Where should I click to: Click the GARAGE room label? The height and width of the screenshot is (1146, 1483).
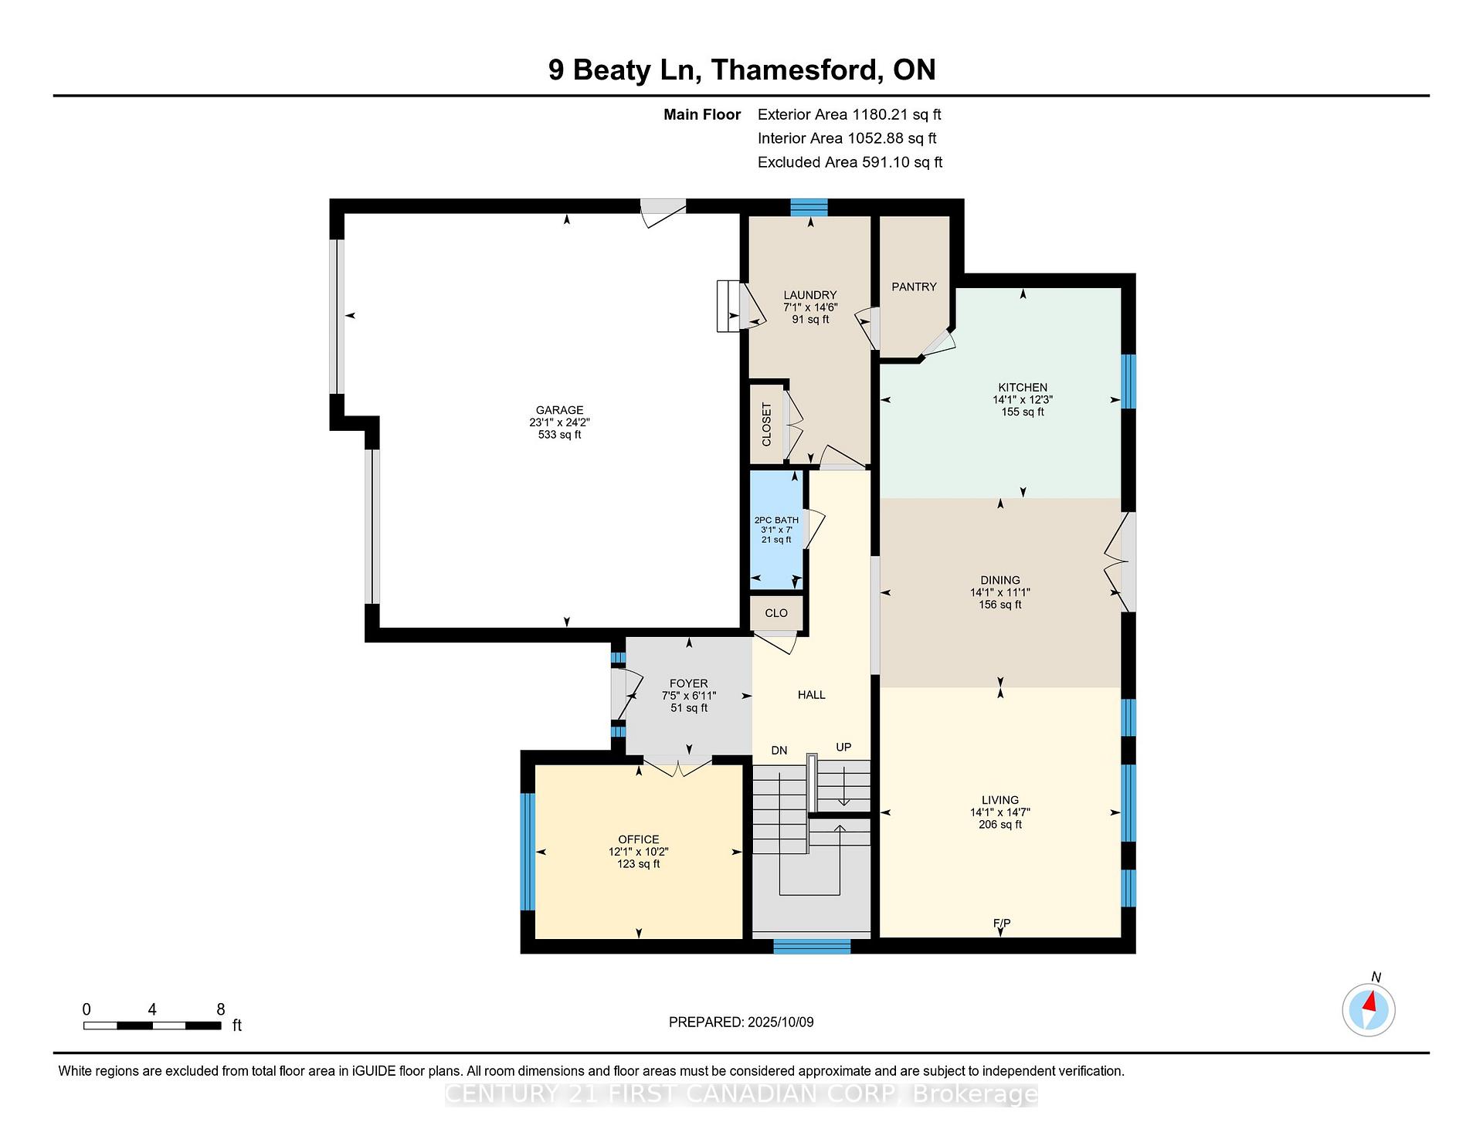(x=559, y=410)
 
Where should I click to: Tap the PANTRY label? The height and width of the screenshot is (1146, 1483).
(x=914, y=286)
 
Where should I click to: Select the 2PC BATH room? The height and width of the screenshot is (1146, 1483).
(x=776, y=530)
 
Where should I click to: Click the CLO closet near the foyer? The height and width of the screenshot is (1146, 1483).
(x=776, y=613)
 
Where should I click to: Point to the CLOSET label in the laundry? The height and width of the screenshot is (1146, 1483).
(x=766, y=425)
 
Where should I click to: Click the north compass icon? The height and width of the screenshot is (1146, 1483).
(x=1369, y=1009)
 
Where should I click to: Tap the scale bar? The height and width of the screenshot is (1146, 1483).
(x=152, y=1026)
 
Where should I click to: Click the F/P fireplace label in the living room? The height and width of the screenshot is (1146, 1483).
(x=1001, y=923)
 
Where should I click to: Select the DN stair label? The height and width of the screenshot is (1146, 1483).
(x=779, y=750)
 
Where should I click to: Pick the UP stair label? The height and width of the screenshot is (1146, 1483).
(x=843, y=747)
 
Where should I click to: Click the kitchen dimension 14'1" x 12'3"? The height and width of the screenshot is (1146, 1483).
(x=1023, y=400)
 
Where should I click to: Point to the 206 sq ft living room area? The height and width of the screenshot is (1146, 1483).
(x=1000, y=825)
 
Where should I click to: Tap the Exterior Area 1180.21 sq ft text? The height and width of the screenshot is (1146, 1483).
(x=850, y=115)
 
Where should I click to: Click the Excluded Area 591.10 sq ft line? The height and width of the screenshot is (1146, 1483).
(x=850, y=162)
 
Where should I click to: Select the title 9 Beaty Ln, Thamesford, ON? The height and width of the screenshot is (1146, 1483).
(x=741, y=70)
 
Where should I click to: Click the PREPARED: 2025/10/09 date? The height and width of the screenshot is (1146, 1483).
(x=741, y=1022)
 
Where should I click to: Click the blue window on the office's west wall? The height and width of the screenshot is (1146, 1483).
(x=528, y=852)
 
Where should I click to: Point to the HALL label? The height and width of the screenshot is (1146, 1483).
(x=812, y=695)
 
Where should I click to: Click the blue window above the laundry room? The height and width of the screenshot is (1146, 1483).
(x=809, y=207)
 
